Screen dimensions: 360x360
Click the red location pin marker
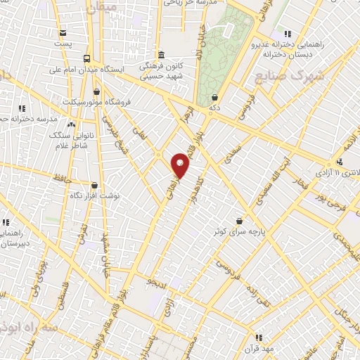pos(181,165)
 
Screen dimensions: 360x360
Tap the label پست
pos(63,45)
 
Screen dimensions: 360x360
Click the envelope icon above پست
pos(63,33)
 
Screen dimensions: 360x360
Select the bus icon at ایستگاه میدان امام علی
pos(86,59)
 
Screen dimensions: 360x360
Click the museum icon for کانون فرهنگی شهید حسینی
pos(161,55)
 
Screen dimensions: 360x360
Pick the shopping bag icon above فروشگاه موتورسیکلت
pos(96,91)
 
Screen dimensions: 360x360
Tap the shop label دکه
pos(215,109)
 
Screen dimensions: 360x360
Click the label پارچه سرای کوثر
pos(238,231)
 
